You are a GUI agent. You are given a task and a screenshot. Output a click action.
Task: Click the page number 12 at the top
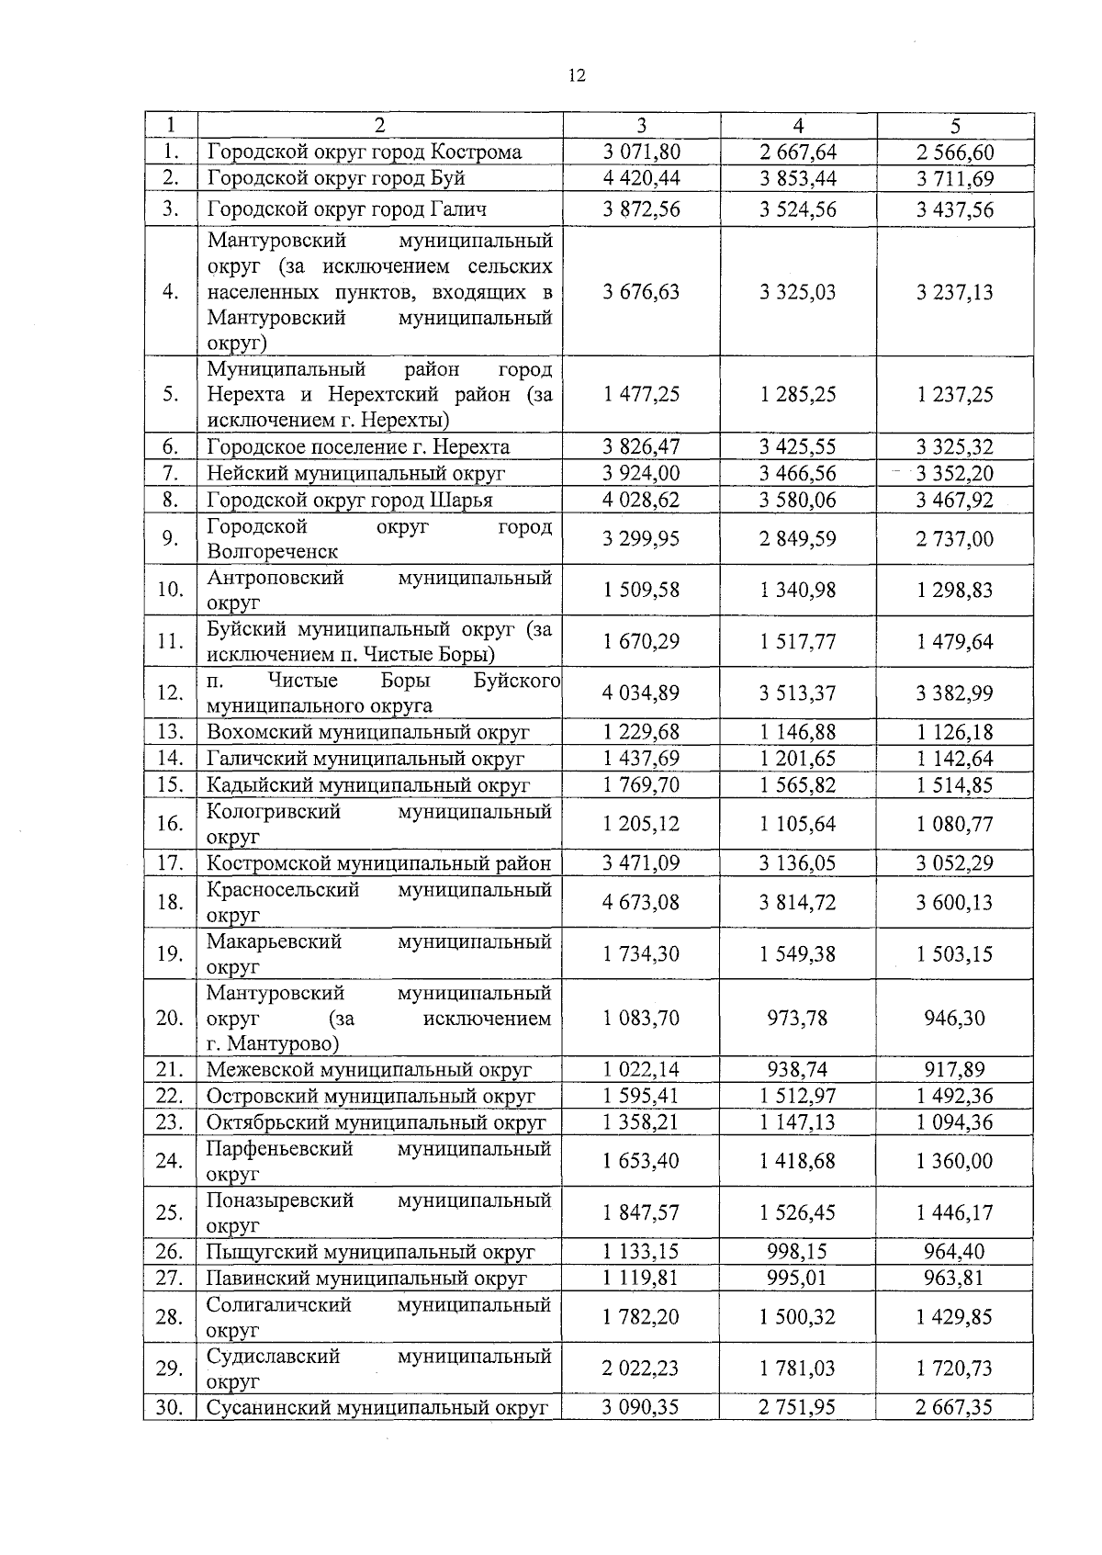coord(577,76)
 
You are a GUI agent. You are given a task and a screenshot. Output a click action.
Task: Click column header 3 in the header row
coord(641,126)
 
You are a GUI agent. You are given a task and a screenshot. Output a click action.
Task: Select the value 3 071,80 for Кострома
coord(641,152)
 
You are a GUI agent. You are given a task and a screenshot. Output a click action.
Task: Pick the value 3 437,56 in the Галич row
coord(955,209)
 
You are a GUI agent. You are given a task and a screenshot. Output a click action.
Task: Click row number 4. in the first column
coord(170,292)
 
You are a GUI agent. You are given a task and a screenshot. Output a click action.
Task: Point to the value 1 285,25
coord(798,395)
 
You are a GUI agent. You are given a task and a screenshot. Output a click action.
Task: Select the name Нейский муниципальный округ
coord(356,474)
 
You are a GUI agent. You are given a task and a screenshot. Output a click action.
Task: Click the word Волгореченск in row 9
coord(273,552)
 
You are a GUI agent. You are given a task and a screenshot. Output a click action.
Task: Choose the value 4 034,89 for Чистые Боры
coord(641,693)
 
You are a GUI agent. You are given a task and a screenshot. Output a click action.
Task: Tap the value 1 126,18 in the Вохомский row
coord(955,733)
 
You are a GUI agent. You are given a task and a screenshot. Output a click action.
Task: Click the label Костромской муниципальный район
coord(378,863)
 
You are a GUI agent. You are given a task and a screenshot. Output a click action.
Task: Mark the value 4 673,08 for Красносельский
coord(641,903)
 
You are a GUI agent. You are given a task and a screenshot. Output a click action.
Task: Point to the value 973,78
coord(797,1019)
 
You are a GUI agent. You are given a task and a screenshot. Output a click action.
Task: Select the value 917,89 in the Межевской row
coord(955,1070)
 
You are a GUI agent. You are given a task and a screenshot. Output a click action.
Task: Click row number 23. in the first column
coord(170,1122)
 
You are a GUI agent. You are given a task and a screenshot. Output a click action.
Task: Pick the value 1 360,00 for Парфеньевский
coord(955,1162)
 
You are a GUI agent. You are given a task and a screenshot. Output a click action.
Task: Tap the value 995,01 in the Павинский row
coord(797,1279)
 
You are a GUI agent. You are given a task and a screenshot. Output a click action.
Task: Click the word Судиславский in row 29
coord(274,1357)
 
